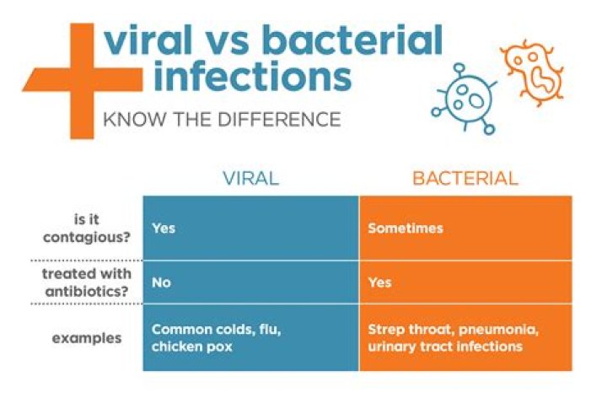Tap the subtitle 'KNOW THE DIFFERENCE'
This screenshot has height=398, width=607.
(221, 119)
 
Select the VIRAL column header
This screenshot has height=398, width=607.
(250, 179)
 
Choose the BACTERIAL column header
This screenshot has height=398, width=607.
(465, 179)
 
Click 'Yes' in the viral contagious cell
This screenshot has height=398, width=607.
(164, 229)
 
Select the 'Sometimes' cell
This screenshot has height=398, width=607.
(405, 229)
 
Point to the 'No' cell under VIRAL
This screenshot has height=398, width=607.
(161, 282)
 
